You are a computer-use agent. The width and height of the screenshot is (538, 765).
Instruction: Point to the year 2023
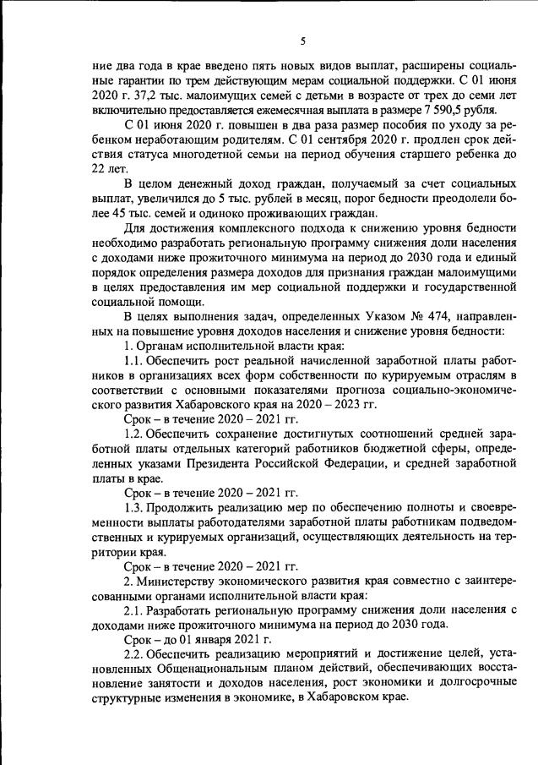347,406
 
